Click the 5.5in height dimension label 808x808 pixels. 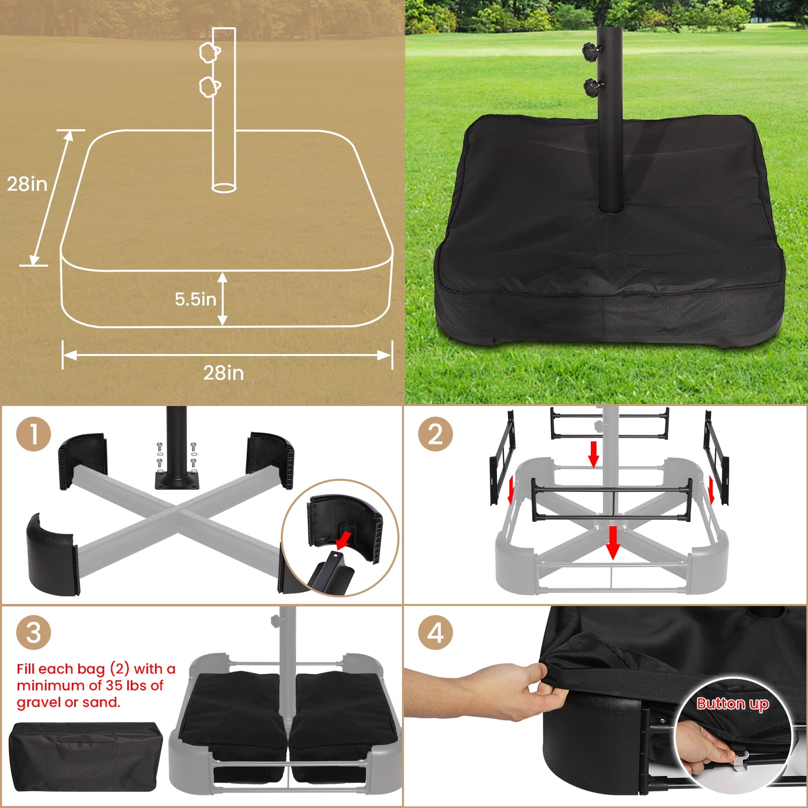[x=195, y=299]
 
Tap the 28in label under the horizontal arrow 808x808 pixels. [x=223, y=373]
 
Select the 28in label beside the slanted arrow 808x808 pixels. [x=27, y=184]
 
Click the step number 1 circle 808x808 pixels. [x=33, y=434]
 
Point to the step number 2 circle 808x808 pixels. [x=435, y=434]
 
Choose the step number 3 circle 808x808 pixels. [x=33, y=632]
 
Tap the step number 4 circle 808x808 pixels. [x=435, y=632]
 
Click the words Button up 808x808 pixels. [x=732, y=703]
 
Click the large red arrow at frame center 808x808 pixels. [x=613, y=542]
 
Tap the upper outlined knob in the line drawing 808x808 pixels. [x=209, y=52]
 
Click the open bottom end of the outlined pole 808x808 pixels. [x=224, y=187]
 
